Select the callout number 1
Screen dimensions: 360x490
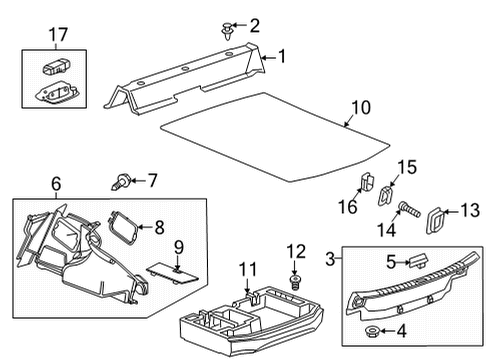click(281, 57)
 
